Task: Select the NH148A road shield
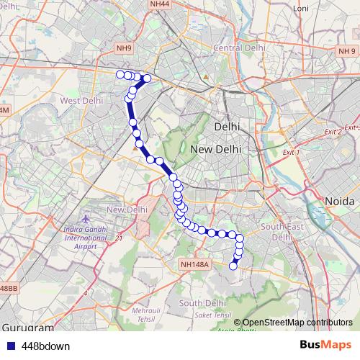click(195, 265)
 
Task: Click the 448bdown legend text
click(45, 346)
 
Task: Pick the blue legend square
click(11, 346)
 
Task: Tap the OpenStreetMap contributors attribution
click(297, 323)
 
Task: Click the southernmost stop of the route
click(233, 266)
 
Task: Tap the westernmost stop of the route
click(120, 73)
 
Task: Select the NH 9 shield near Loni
click(348, 50)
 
